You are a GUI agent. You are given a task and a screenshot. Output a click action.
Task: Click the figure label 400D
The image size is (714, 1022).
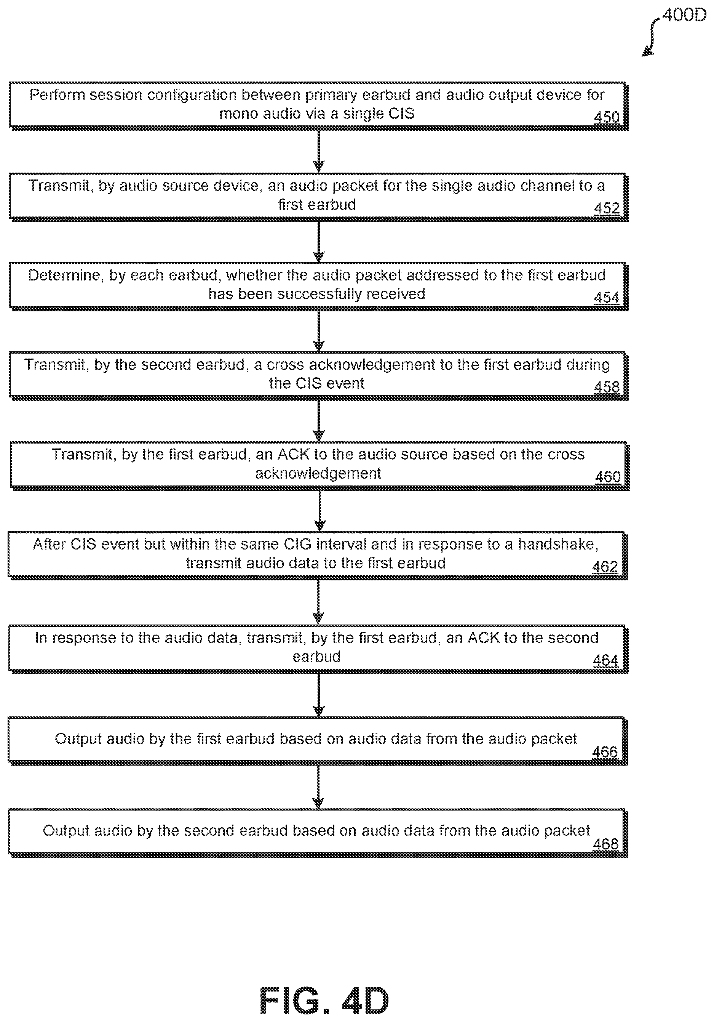click(684, 16)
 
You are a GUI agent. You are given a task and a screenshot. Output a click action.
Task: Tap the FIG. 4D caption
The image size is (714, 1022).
click(324, 999)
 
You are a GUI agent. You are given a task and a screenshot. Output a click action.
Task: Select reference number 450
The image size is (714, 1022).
click(607, 117)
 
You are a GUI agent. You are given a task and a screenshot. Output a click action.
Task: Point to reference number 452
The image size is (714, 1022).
click(607, 208)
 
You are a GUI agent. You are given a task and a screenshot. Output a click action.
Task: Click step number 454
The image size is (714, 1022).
click(607, 297)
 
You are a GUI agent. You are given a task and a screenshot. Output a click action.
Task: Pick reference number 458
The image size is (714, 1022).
click(607, 387)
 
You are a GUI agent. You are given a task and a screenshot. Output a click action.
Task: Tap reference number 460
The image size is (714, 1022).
click(608, 477)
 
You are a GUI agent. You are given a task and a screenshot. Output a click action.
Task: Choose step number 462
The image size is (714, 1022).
click(605, 567)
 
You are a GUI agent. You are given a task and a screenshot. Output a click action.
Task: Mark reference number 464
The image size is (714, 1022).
click(605, 660)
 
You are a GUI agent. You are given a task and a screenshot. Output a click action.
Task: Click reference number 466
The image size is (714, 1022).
click(605, 752)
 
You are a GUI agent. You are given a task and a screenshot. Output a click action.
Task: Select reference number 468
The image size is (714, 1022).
click(605, 844)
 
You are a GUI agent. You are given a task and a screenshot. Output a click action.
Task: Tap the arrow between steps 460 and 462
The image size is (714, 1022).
click(320, 511)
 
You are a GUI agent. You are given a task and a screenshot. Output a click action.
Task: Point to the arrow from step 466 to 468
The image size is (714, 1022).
click(318, 787)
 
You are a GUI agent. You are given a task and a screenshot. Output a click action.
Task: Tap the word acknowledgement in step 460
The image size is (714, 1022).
click(318, 474)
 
